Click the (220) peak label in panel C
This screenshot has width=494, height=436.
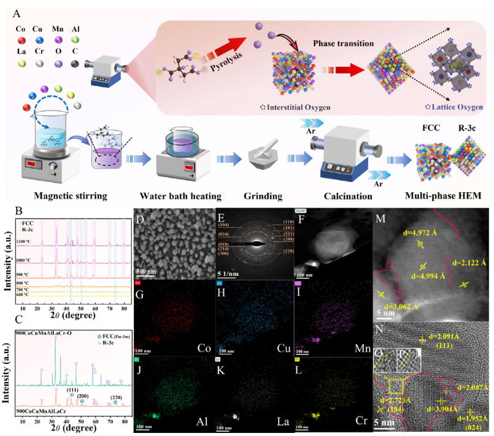[x=115, y=397]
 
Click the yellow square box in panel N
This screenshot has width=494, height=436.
[x=396, y=386]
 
